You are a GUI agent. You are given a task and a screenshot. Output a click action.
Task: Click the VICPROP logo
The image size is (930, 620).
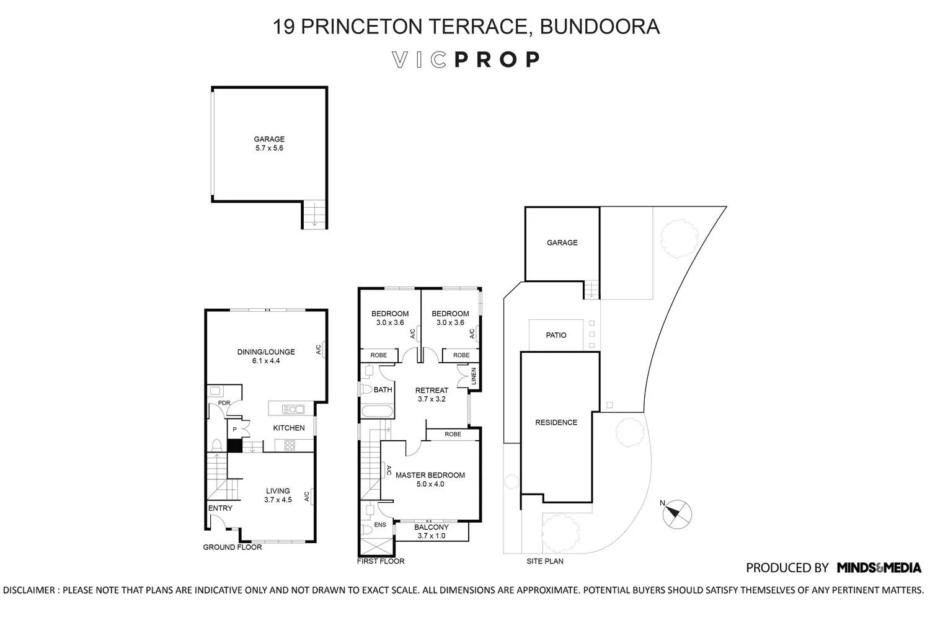(x=466, y=60)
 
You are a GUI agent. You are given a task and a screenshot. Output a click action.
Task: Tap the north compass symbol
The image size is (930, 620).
(x=676, y=514)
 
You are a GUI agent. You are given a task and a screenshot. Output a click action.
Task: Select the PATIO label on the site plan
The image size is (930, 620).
(x=556, y=335)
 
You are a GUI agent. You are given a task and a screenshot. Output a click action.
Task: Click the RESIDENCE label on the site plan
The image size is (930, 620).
(x=556, y=422)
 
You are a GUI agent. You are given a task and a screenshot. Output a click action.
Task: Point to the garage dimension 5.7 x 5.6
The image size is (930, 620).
(x=268, y=148)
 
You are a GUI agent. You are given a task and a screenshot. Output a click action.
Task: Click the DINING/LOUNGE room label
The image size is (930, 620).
(x=266, y=352)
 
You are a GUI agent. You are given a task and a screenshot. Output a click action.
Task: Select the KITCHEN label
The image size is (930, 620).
(x=289, y=428)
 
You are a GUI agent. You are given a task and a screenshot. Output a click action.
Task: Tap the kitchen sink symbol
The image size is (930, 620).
(x=293, y=409)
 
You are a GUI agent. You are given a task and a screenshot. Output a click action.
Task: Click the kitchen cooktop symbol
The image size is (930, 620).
(x=290, y=445)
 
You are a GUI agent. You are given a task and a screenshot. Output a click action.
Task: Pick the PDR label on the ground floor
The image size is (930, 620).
(x=224, y=403)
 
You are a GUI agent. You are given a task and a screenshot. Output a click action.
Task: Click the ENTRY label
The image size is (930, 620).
(x=220, y=508)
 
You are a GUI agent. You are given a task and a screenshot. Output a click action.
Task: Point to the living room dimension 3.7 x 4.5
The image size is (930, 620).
(x=278, y=500)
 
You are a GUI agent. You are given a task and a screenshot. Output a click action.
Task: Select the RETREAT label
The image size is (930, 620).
(x=432, y=391)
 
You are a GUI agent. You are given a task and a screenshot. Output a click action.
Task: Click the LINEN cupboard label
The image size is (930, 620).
(x=474, y=376)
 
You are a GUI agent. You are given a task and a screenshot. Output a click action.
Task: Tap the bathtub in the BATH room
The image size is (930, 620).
(x=376, y=410)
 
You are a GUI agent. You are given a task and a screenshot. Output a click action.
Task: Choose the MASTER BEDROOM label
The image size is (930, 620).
(x=430, y=476)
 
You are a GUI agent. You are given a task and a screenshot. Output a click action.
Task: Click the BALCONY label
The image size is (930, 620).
(x=431, y=528)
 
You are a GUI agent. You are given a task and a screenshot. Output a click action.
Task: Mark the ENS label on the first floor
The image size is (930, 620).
(x=380, y=525)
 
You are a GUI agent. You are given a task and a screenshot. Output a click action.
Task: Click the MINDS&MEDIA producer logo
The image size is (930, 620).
(x=879, y=567)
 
